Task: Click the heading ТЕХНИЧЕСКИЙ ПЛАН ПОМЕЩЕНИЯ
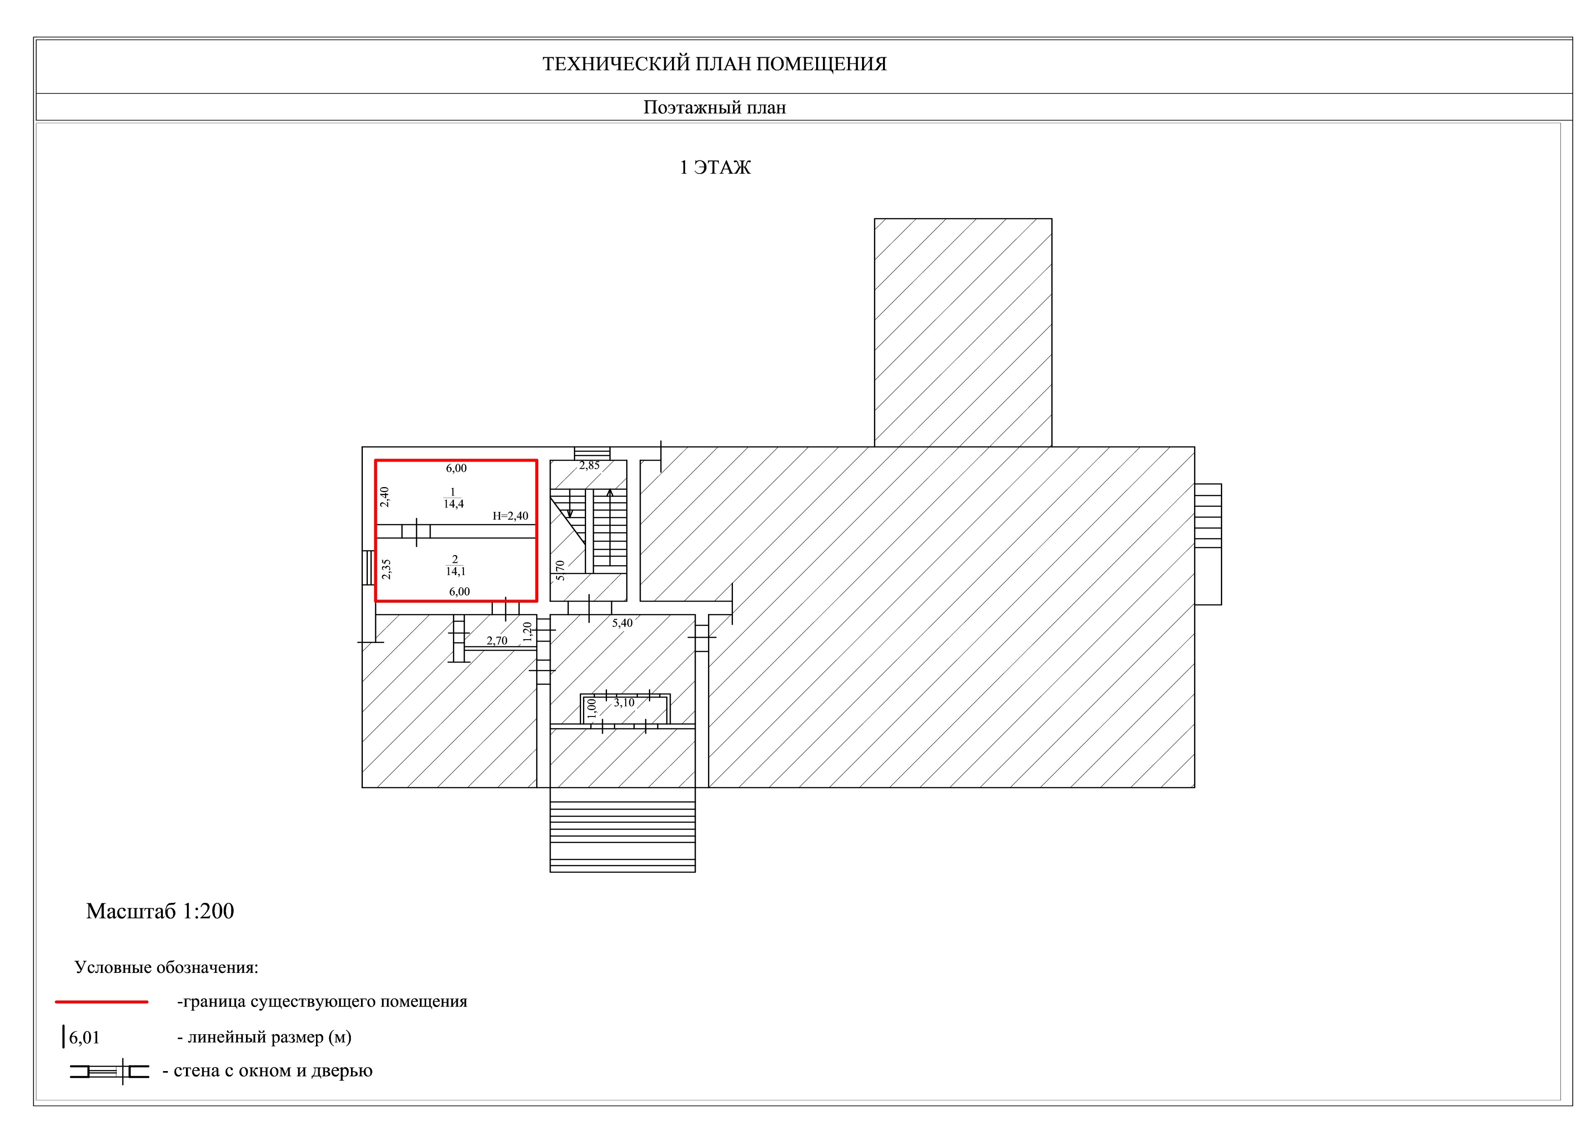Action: [x=714, y=64]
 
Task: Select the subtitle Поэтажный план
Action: [x=714, y=108]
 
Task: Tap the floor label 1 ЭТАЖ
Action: [x=715, y=167]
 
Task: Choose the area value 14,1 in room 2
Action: [x=456, y=571]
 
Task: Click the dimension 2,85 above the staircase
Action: [x=589, y=465]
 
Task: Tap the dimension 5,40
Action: [x=622, y=623]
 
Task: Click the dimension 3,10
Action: [x=624, y=703]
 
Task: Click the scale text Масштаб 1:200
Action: [x=160, y=911]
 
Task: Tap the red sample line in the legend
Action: [x=101, y=1002]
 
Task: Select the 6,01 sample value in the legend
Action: [x=84, y=1038]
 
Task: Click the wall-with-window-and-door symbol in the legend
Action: [x=110, y=1072]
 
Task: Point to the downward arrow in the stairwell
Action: [x=570, y=503]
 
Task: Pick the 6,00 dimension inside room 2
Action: [x=459, y=591]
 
